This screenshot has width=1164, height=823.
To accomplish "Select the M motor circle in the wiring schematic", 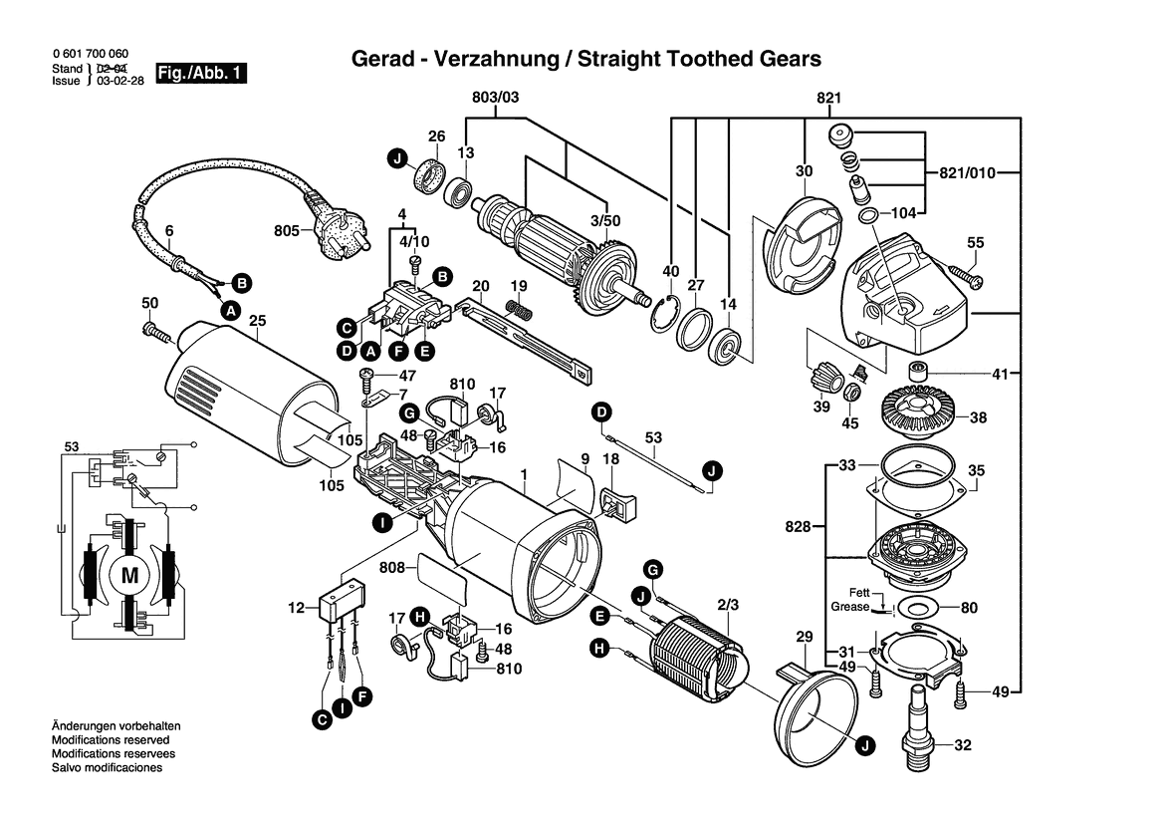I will [x=129, y=574].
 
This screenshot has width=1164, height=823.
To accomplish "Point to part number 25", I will [x=257, y=322].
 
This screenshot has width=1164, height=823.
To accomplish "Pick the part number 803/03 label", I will [x=495, y=98].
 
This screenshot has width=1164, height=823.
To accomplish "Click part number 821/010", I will [x=967, y=172].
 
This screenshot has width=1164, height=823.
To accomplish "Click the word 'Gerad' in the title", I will [x=380, y=59].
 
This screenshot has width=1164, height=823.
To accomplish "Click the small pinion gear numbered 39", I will [x=823, y=380].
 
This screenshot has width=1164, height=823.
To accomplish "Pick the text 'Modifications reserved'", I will [x=110, y=740].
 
